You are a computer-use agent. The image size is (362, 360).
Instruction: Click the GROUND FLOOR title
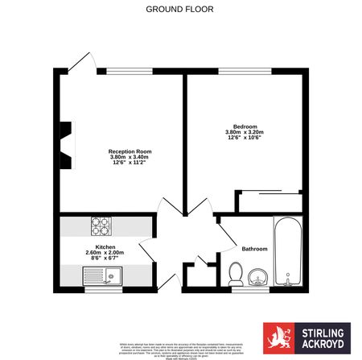coord(180,10)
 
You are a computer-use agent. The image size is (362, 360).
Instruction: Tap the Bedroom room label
coord(245,127)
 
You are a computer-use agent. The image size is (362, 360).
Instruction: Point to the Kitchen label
coord(105,246)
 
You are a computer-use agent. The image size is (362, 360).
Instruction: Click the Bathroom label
coord(255,249)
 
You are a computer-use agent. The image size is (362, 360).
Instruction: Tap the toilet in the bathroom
coord(236,274)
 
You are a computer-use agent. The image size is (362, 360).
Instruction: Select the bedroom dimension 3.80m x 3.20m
coord(245,134)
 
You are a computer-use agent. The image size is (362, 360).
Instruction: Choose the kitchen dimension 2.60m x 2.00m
coord(106,253)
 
